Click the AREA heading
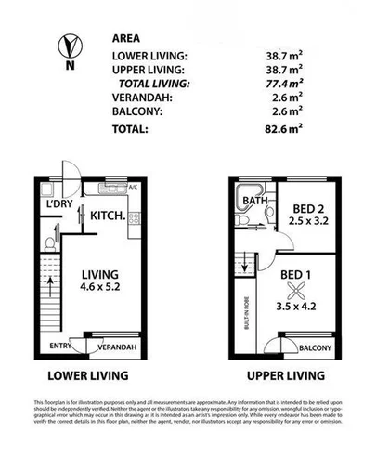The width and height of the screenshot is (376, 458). point(125,40)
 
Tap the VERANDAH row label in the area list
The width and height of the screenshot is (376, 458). point(139,98)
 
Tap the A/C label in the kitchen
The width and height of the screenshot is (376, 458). point(133,188)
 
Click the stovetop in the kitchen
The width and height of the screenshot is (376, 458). point(134,221)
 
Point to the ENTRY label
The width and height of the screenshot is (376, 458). point(62,348)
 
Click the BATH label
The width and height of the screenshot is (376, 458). point(253,200)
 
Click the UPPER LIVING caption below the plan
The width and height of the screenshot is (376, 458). point(285,376)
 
